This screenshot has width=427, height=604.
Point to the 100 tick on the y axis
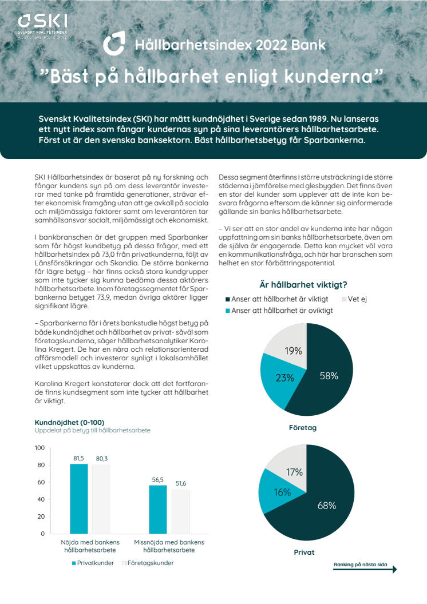tap(39, 448)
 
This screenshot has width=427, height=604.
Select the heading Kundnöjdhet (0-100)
tap(69, 423)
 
